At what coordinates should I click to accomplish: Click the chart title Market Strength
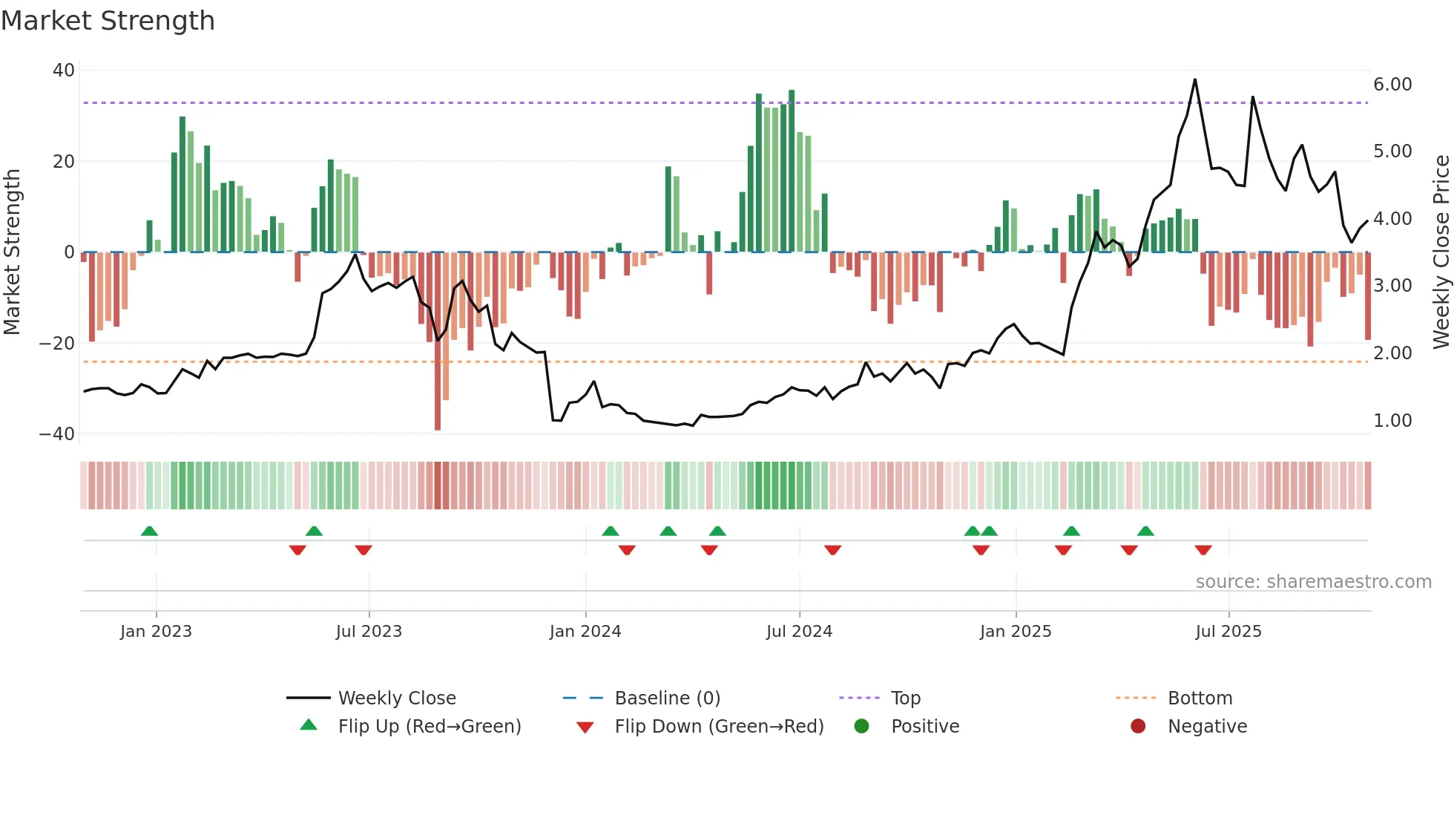point(108,21)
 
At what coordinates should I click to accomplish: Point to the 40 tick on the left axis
point(64,71)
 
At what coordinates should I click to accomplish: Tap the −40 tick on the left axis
point(57,433)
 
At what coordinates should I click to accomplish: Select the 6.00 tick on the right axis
point(1392,85)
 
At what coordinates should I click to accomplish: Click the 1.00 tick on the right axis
point(1392,421)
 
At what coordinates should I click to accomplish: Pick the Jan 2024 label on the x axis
point(585,632)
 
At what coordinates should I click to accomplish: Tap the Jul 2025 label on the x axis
point(1228,632)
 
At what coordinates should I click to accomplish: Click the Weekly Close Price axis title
point(1441,252)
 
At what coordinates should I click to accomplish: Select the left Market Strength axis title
point(12,252)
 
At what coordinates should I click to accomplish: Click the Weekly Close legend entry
point(397,698)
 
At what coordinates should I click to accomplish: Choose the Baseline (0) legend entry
point(667,698)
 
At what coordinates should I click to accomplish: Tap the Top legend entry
point(905,698)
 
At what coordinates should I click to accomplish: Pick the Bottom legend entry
point(1200,698)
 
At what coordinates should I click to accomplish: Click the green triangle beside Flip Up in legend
point(309,725)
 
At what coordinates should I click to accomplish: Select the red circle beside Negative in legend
point(1138,726)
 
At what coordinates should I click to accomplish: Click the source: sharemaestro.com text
point(1313,582)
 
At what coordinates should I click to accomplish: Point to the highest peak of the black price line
point(1195,79)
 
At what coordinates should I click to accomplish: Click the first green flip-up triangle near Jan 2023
point(149,531)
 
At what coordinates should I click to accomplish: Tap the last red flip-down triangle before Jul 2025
point(1203,550)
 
